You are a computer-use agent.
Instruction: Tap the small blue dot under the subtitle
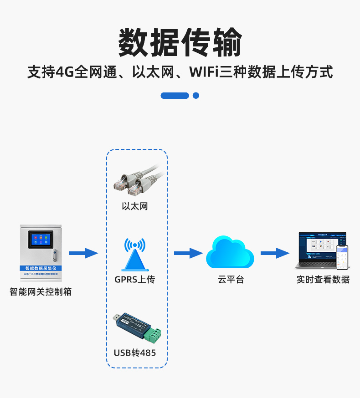pyautogui.click(x=196, y=96)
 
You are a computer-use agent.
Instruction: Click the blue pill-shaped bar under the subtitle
pyautogui.click(x=175, y=96)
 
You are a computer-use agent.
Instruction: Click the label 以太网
pyautogui.click(x=135, y=206)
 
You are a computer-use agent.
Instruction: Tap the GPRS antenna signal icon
pyautogui.click(x=135, y=255)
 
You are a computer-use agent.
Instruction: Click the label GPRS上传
pyautogui.click(x=135, y=279)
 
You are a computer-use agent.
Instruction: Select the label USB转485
pyautogui.click(x=135, y=352)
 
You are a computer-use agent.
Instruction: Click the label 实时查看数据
pyautogui.click(x=323, y=280)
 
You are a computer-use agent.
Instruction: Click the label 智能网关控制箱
pyautogui.click(x=41, y=292)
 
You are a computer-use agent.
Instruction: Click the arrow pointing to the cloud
pyautogui.click(x=188, y=253)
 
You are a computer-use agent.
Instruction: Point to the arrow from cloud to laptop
pyautogui.click(x=275, y=253)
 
